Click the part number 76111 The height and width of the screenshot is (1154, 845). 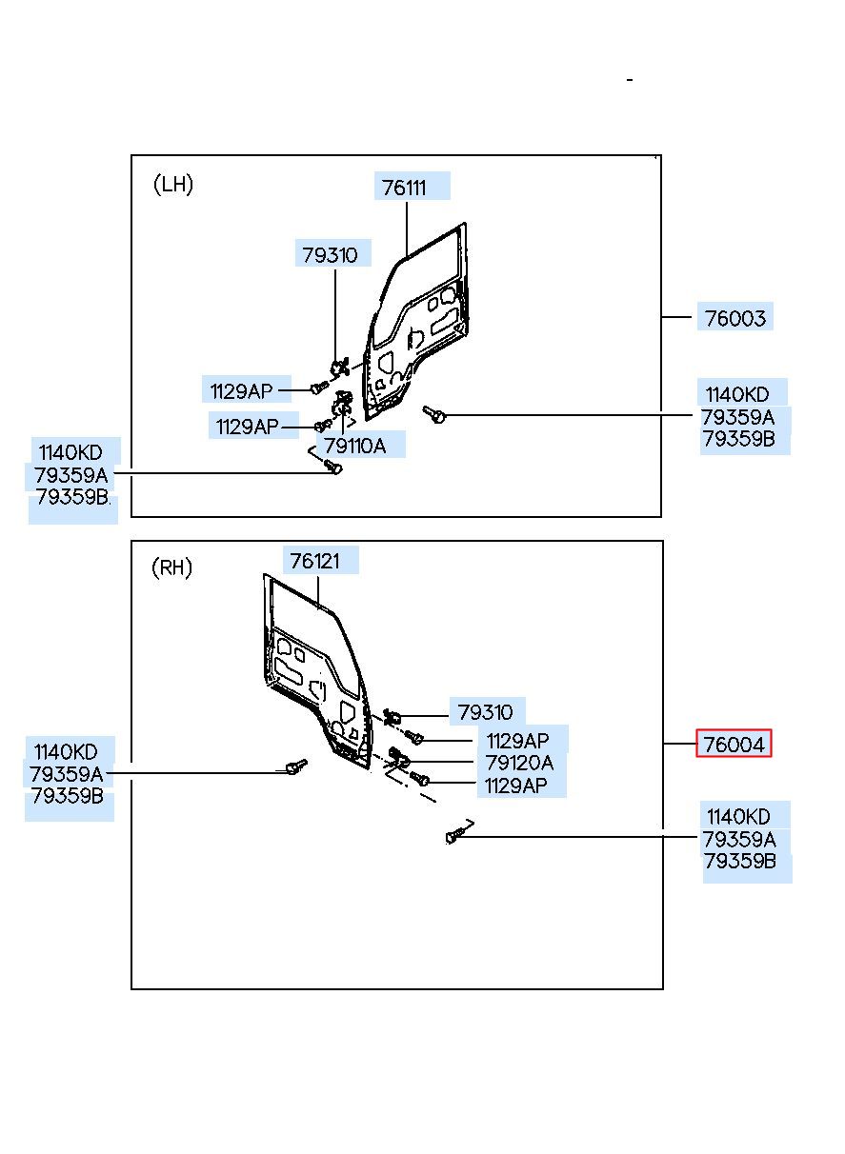click(x=404, y=188)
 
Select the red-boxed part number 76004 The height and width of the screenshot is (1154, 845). click(x=734, y=745)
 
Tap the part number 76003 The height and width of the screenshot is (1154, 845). click(x=734, y=318)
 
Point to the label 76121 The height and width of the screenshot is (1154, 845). click(x=315, y=561)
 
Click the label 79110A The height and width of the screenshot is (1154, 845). click(x=354, y=446)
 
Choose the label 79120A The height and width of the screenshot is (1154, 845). click(x=520, y=763)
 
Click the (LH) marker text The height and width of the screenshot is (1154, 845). click(x=173, y=184)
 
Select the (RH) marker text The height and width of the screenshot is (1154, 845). click(x=172, y=567)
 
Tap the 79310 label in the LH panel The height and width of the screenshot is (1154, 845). click(x=330, y=255)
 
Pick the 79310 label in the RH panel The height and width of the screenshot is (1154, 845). click(x=486, y=712)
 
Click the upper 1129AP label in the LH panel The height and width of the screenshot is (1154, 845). click(x=241, y=391)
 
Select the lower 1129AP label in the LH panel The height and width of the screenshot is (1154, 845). click(x=248, y=427)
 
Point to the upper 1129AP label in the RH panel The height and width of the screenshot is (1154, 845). click(x=517, y=741)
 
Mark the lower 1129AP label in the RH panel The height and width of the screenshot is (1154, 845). click(x=516, y=786)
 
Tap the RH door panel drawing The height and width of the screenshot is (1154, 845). click(x=317, y=671)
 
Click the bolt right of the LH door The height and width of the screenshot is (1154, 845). click(x=434, y=413)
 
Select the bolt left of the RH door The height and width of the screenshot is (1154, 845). click(x=296, y=767)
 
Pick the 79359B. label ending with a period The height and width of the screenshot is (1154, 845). click(x=73, y=497)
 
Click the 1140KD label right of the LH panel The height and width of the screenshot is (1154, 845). click(x=737, y=394)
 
